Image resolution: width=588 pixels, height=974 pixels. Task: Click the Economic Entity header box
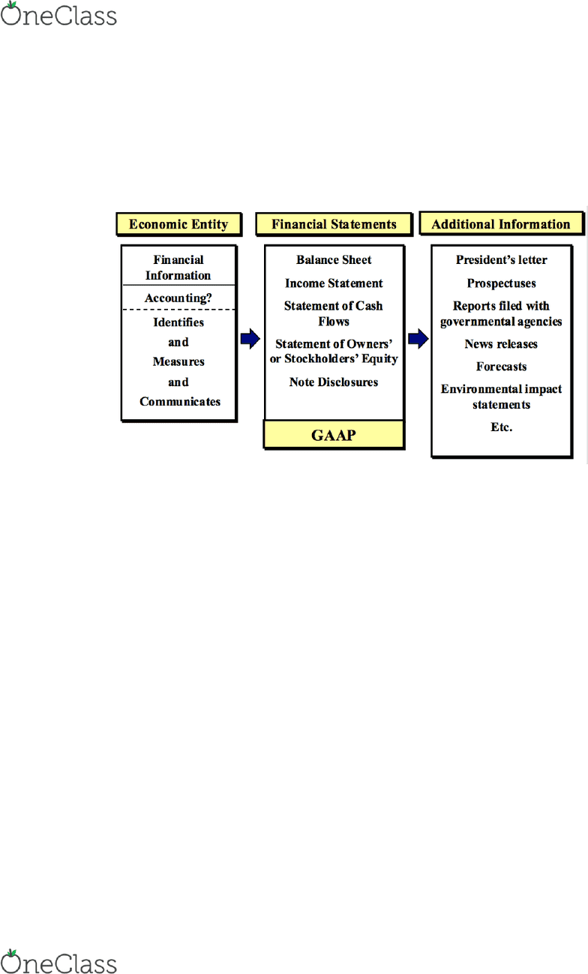pyautogui.click(x=178, y=224)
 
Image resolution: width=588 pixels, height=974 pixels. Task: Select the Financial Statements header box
pyautogui.click(x=334, y=224)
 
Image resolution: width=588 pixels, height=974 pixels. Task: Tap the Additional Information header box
pyautogui.click(x=502, y=224)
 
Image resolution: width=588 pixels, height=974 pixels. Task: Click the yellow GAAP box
pyautogui.click(x=334, y=435)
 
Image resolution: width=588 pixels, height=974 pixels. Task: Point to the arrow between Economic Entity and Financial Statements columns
pyautogui.click(x=250, y=339)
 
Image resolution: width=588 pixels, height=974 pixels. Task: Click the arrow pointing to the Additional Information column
pyautogui.click(x=418, y=339)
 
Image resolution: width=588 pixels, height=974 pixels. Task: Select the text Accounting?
pyautogui.click(x=178, y=298)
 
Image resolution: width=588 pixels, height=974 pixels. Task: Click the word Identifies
pyautogui.click(x=178, y=322)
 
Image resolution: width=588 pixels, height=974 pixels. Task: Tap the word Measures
pyautogui.click(x=178, y=361)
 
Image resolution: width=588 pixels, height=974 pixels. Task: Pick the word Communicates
pyautogui.click(x=179, y=401)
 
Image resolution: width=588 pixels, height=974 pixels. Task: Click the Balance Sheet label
pyautogui.click(x=334, y=259)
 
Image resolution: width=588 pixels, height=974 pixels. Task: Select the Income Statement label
pyautogui.click(x=334, y=283)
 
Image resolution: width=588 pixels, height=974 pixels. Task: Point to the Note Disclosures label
pyautogui.click(x=334, y=382)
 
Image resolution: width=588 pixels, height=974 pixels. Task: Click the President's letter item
pyautogui.click(x=502, y=259)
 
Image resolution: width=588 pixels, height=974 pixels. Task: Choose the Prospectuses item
pyautogui.click(x=502, y=283)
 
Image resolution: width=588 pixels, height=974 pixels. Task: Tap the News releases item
pyautogui.click(x=501, y=344)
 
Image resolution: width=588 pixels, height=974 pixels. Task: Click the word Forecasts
pyautogui.click(x=502, y=367)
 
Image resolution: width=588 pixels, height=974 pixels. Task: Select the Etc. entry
pyautogui.click(x=502, y=427)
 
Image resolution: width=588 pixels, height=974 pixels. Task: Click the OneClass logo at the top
pyautogui.click(x=58, y=14)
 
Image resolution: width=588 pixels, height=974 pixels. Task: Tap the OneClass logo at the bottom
pyautogui.click(x=58, y=962)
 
